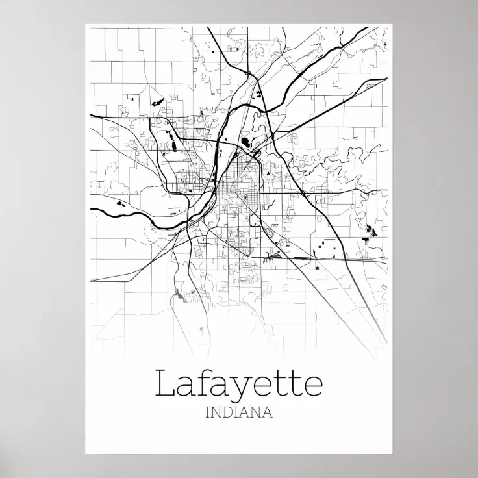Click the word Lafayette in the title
coord(238,383)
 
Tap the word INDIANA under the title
coord(238,412)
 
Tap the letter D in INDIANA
coord(223,412)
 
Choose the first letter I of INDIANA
coord(207,412)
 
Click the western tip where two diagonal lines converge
coord(92,280)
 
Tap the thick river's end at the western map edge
coord(92,209)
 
